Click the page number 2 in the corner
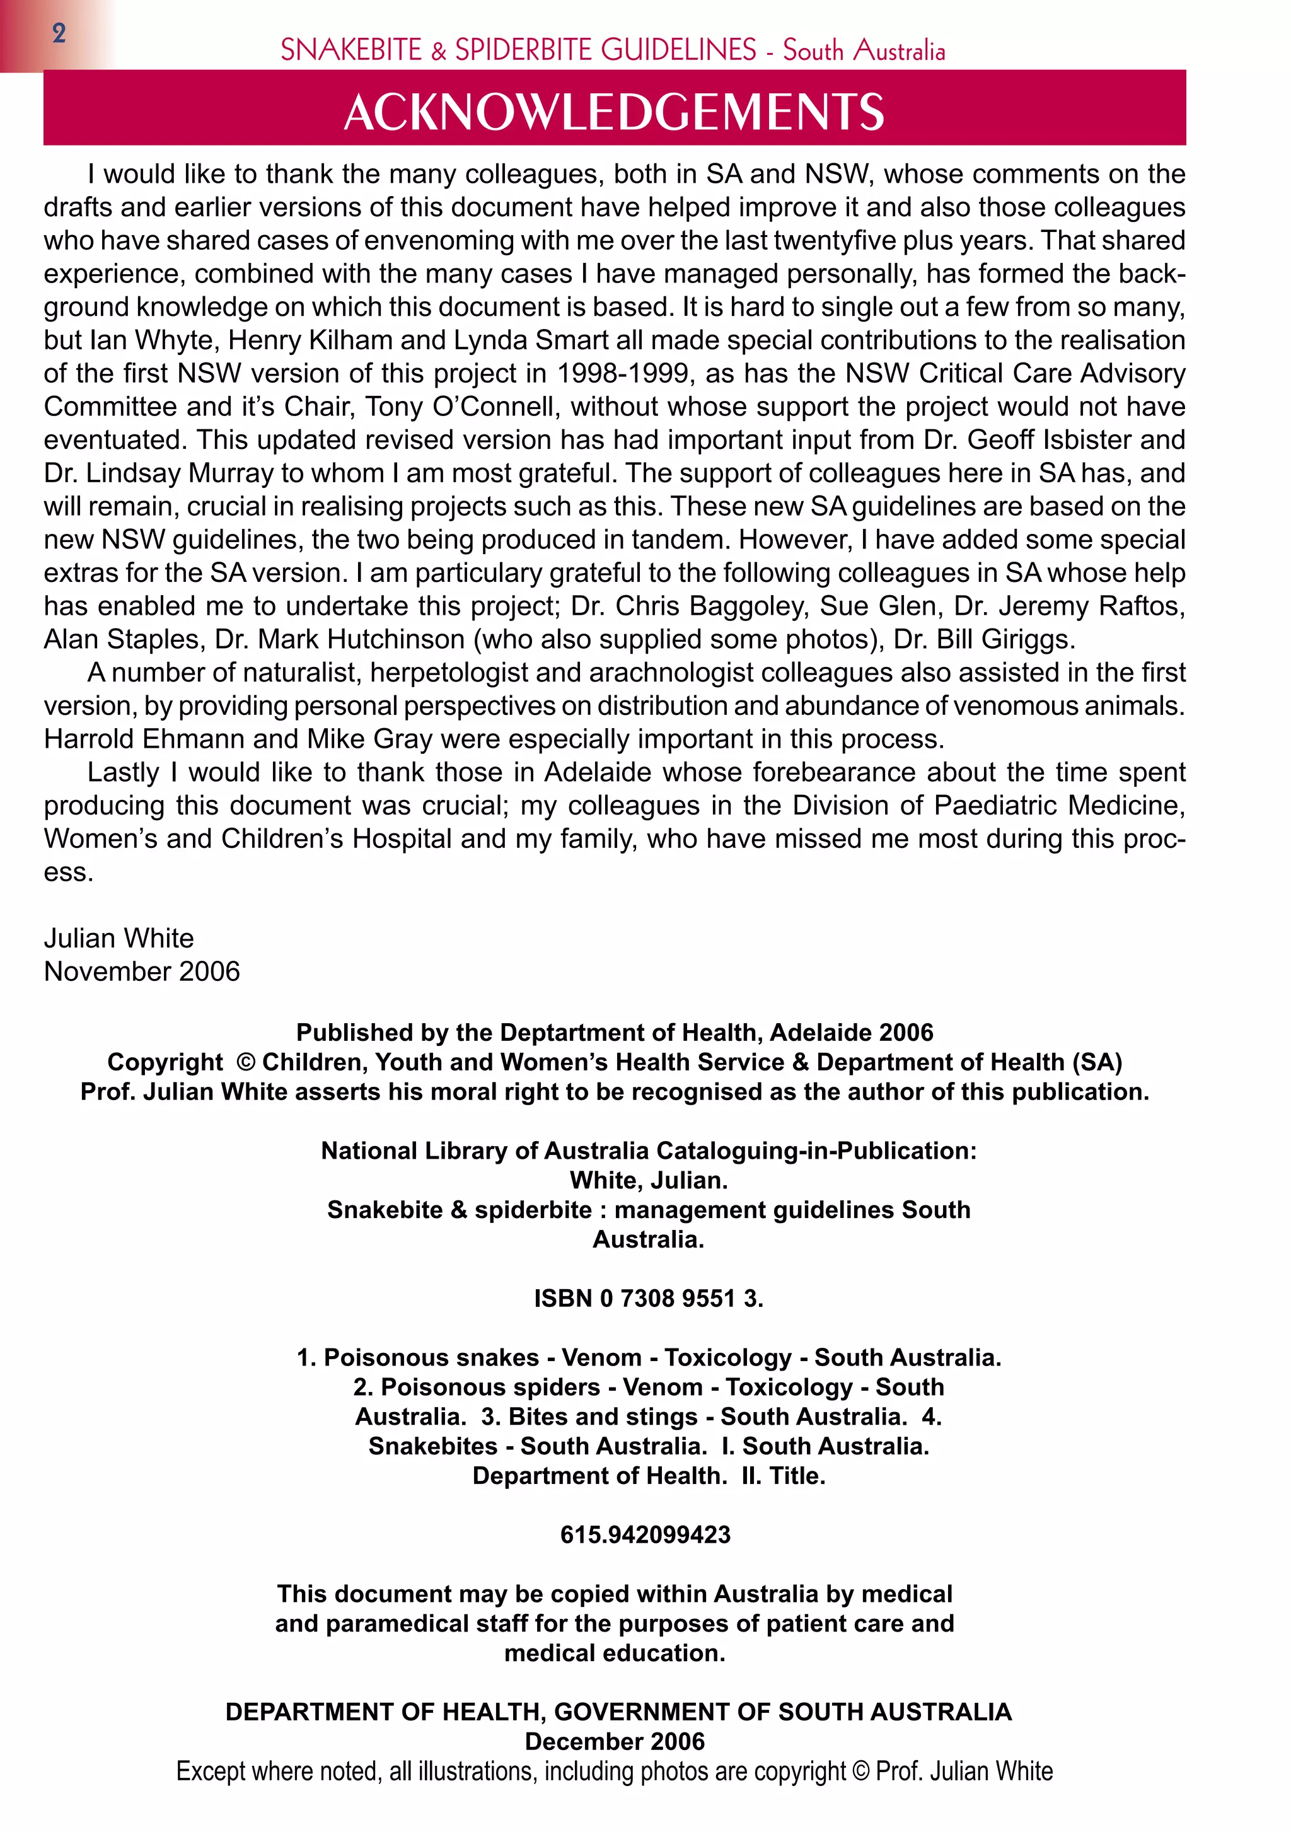tap(58, 33)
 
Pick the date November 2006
tap(141, 971)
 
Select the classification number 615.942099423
tap(645, 1534)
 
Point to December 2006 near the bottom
tap(615, 1742)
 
